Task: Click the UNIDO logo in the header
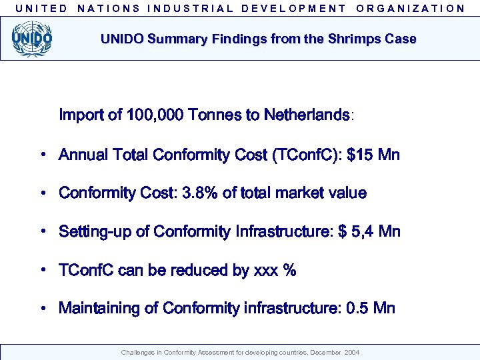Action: (x=32, y=39)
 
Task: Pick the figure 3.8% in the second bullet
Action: (x=199, y=193)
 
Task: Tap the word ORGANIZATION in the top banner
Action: (x=411, y=9)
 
